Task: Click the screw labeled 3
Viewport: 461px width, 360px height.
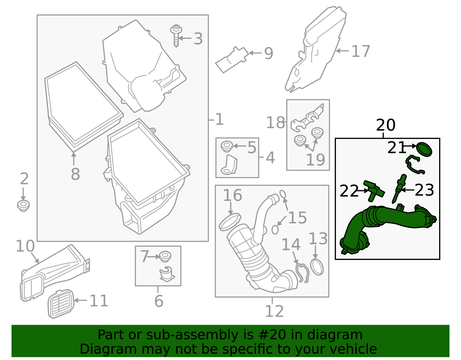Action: point(176,36)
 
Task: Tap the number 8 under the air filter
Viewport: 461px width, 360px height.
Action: point(75,174)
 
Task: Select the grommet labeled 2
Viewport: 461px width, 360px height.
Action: point(23,205)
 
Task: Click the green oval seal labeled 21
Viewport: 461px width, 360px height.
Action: point(424,149)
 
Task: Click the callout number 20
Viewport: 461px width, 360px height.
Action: point(386,125)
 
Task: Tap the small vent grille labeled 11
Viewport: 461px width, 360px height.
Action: point(61,304)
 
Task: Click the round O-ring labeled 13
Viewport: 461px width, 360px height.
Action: point(317,267)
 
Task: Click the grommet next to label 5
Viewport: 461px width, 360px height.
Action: point(227,146)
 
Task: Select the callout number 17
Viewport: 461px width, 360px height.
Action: point(360,52)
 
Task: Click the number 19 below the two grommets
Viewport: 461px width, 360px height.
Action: point(315,160)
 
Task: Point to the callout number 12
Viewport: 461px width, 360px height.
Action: point(274,311)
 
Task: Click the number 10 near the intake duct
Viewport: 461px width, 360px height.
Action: point(25,246)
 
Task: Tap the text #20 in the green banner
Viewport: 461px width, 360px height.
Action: point(272,335)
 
